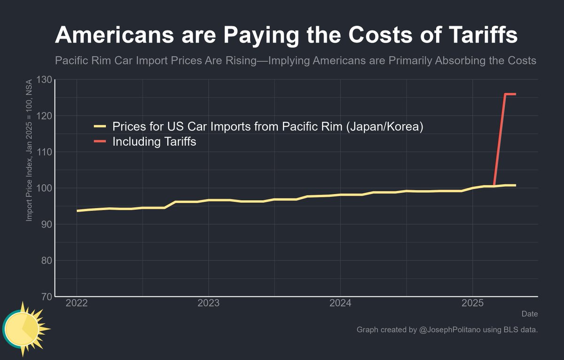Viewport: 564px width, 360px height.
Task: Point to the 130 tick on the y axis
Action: click(44, 79)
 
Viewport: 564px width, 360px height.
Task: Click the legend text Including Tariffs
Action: click(154, 141)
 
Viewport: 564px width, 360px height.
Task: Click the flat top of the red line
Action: click(510, 94)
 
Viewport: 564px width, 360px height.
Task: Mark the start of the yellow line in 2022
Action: click(78, 211)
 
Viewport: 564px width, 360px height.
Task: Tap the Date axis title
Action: click(530, 313)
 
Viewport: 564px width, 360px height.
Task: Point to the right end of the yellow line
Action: click(515, 185)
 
